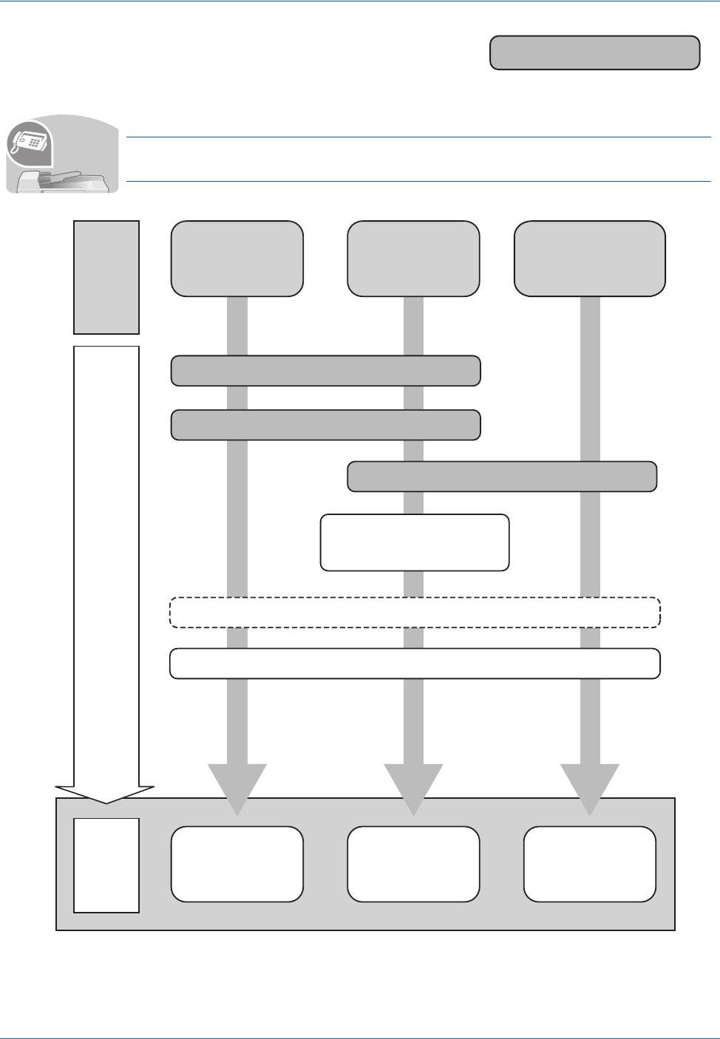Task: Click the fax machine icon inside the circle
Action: pos(29,142)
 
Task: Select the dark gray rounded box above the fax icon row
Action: pos(594,52)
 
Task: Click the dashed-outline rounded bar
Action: pos(415,612)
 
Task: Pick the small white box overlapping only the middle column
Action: pos(415,542)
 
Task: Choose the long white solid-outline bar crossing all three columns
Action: pos(415,663)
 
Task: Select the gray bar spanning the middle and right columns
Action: pos(502,477)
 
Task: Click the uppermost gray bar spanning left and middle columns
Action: pos(326,370)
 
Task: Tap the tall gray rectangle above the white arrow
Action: pos(106,277)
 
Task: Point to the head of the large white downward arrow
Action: pos(106,794)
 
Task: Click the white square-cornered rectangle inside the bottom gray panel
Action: pos(106,865)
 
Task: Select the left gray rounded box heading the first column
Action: pos(237,259)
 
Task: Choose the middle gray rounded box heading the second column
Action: pos(413,259)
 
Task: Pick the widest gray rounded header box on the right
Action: pos(590,259)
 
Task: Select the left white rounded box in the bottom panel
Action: pos(237,864)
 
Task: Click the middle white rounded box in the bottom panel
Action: pos(413,864)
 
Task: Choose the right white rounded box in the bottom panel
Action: pos(590,864)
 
